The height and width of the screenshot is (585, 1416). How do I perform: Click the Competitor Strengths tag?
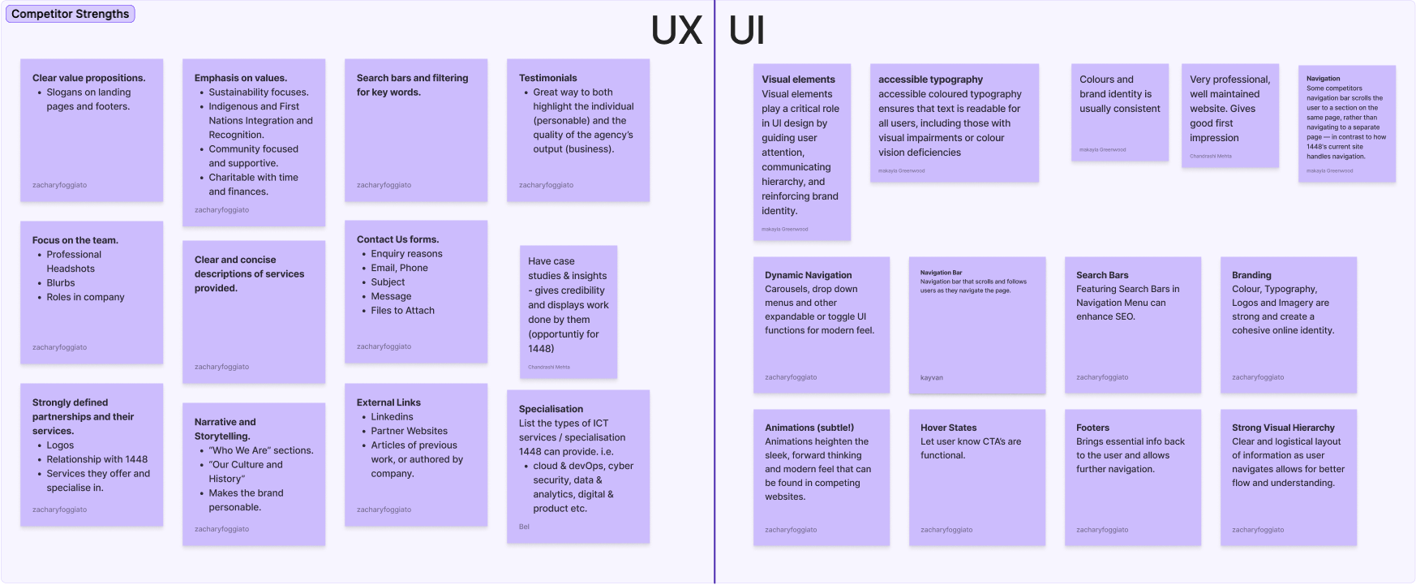pyautogui.click(x=70, y=14)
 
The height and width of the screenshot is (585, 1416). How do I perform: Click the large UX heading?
pyautogui.click(x=676, y=31)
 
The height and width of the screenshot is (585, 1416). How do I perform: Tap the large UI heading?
pyautogui.click(x=746, y=31)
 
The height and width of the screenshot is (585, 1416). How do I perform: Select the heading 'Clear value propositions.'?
pyautogui.click(x=88, y=78)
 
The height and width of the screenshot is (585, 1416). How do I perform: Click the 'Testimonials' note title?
pyautogui.click(x=547, y=78)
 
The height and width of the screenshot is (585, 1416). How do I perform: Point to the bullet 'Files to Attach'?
pyautogui.click(x=402, y=311)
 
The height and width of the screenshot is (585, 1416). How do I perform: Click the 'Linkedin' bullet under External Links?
pyautogui.click(x=392, y=417)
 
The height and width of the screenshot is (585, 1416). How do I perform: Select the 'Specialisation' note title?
pyautogui.click(x=551, y=409)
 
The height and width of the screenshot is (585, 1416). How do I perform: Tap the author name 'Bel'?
pyautogui.click(x=524, y=527)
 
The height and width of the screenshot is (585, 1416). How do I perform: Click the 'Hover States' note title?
pyautogui.click(x=948, y=428)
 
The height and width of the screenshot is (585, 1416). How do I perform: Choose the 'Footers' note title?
pyautogui.click(x=1092, y=428)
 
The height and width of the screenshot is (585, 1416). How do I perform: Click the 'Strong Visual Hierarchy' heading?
pyautogui.click(x=1283, y=428)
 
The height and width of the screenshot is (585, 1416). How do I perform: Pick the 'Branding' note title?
pyautogui.click(x=1251, y=275)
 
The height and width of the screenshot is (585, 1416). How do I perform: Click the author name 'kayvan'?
pyautogui.click(x=931, y=377)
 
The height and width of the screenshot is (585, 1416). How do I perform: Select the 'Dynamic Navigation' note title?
pyautogui.click(x=808, y=275)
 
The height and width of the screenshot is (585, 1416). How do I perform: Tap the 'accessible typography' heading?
pyautogui.click(x=930, y=80)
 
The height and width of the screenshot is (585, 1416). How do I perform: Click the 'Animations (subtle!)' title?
pyautogui.click(x=809, y=428)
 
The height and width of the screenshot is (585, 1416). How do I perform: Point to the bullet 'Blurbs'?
pyautogui.click(x=60, y=283)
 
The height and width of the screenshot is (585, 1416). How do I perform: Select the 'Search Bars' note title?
pyautogui.click(x=1102, y=275)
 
